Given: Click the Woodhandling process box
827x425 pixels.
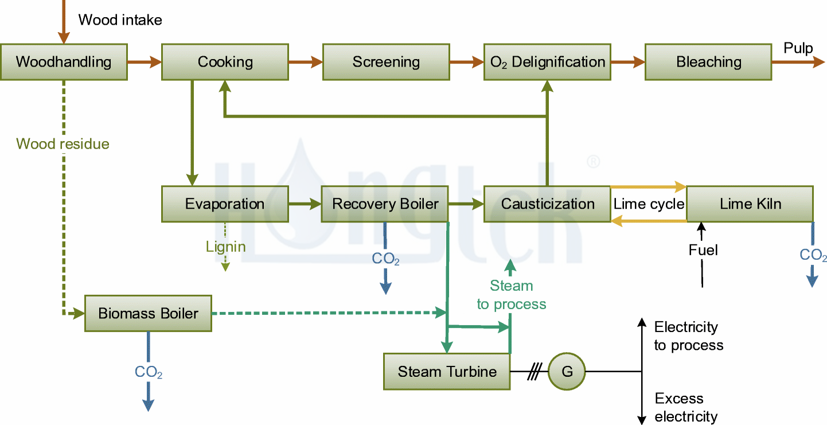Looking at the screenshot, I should coord(63,62).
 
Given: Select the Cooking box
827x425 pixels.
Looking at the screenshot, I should coord(225,62).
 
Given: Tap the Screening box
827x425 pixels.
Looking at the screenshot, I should coord(386,62).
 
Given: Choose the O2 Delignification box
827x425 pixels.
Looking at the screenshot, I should coord(547,62).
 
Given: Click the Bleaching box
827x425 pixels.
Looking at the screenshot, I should coord(708,62).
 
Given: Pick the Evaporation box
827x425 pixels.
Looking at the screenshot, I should coord(225,204).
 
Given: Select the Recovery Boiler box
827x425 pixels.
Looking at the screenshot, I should coord(385,204).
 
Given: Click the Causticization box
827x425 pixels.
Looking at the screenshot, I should coord(547,204).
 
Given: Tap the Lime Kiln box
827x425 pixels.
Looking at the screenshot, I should coord(750,204).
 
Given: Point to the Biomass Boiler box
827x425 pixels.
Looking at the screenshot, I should coord(148,314).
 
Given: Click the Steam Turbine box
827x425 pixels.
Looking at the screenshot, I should coord(447,372).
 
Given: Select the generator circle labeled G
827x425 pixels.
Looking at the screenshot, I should coord(567,372).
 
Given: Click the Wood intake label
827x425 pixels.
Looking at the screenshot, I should coord(120,20).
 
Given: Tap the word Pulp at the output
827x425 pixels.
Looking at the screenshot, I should coord(798,48).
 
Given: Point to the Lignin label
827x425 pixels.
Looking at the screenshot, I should coord(225,247).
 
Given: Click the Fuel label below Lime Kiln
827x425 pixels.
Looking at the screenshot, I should coord(703,250).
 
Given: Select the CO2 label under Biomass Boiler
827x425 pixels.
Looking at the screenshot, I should coord(148,373).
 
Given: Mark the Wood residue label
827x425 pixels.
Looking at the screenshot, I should coord(63,144).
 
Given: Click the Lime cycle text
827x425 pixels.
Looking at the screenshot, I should coord(649,204).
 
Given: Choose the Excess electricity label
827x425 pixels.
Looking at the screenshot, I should coord(685,407).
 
